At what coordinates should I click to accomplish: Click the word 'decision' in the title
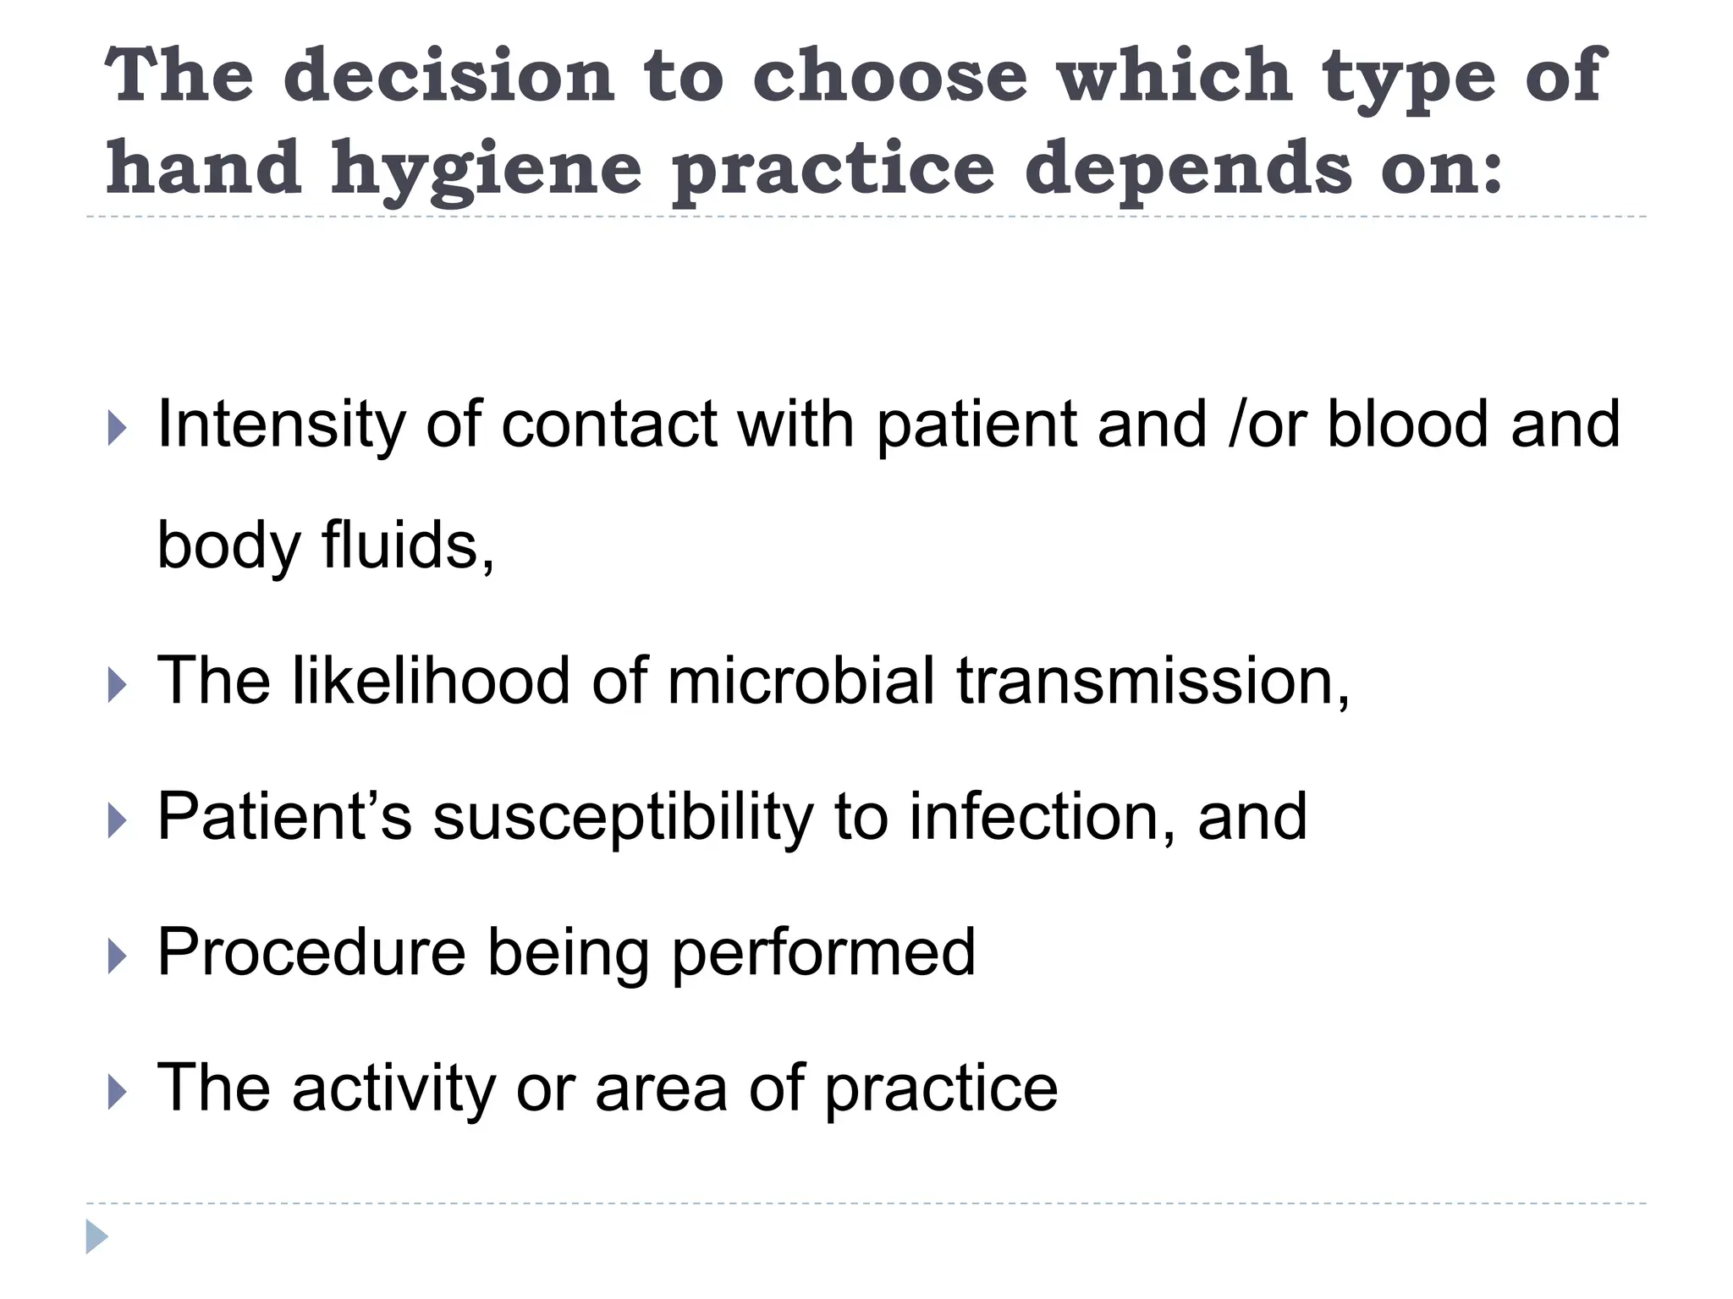[448, 75]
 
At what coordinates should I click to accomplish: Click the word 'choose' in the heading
[889, 75]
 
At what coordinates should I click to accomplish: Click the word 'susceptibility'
[623, 817]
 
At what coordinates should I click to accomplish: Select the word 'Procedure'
[311, 952]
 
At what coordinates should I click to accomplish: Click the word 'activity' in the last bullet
[393, 1089]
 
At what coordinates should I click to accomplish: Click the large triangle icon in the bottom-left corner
[96, 1236]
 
